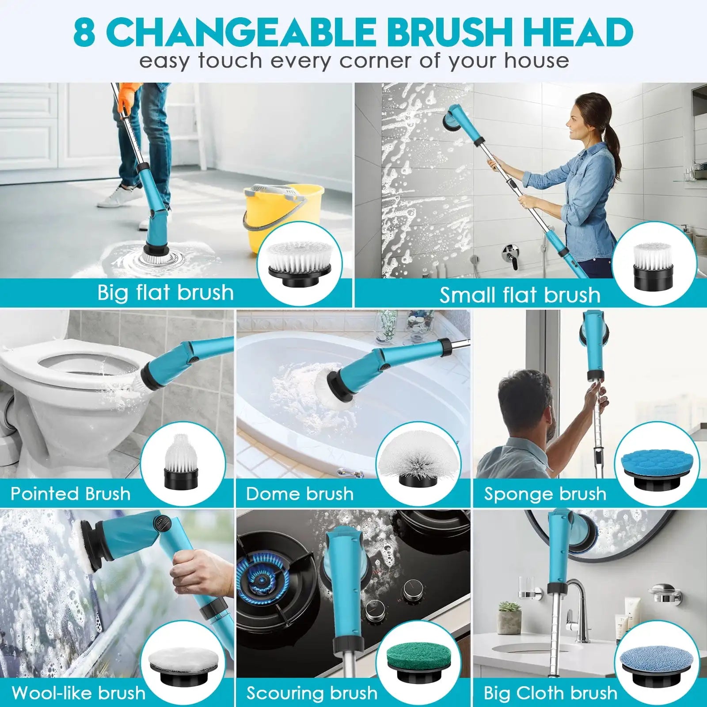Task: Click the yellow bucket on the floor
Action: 283,217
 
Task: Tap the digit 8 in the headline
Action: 84,32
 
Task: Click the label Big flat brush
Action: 165,293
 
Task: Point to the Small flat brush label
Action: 520,295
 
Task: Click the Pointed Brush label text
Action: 71,494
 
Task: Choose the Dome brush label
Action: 300,494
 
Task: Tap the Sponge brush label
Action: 545,494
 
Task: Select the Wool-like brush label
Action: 79,692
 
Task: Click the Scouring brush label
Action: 312,693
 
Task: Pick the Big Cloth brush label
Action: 550,693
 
